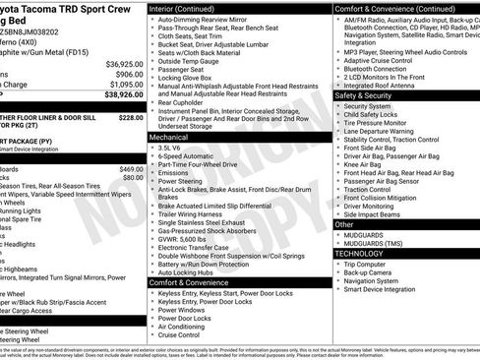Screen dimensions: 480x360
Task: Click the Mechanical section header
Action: [x=169, y=138]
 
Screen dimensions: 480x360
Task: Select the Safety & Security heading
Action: [x=363, y=96]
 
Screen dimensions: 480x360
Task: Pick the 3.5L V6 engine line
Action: [x=170, y=148]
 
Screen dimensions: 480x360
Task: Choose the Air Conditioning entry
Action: [x=186, y=326]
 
